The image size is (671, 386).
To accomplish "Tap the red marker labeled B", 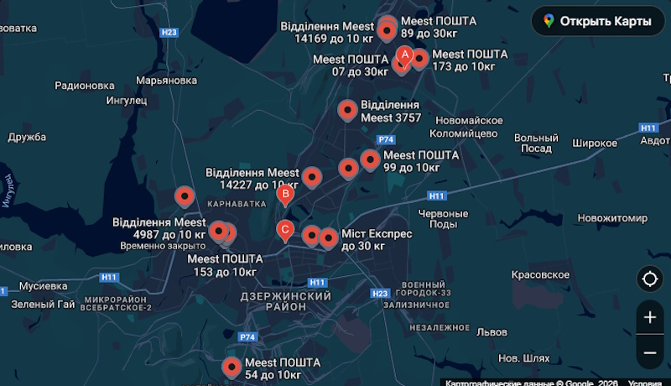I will click(285, 196).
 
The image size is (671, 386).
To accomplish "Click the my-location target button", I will click(649, 279).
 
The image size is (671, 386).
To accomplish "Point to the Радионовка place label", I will click(84, 85).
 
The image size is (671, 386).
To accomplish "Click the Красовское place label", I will click(541, 274).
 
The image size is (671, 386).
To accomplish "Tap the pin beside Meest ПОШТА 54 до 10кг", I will click(231, 366).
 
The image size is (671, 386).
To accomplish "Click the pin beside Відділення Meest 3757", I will click(347, 110).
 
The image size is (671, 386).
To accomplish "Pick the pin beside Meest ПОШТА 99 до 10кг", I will click(370, 159).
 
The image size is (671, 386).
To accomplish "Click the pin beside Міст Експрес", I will click(328, 238).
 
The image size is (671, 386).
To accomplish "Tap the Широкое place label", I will click(595, 143).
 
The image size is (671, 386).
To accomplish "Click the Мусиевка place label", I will click(43, 285).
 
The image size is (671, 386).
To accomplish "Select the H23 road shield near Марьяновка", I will click(169, 33).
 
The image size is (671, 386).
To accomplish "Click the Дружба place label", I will click(27, 137).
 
